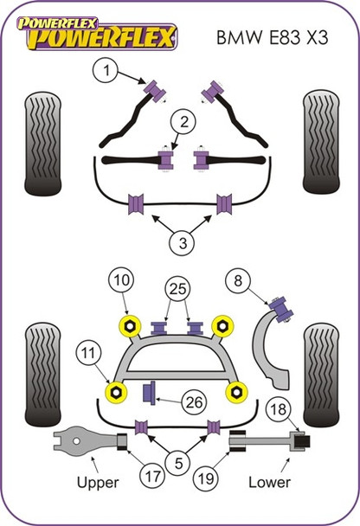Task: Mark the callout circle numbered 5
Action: tap(180, 464)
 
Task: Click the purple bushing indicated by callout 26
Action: tap(148, 394)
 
